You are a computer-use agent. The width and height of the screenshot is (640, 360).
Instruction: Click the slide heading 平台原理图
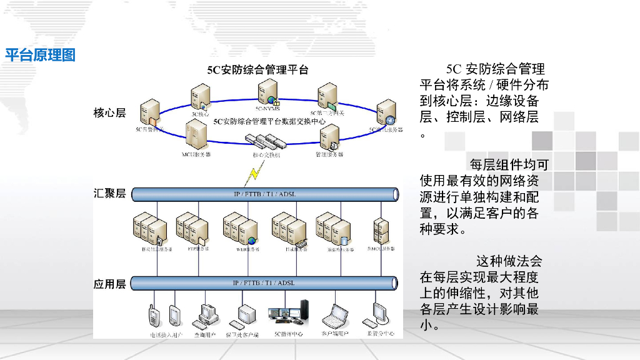[41, 55]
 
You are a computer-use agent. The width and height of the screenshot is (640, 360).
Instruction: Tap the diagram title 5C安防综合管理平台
[257, 70]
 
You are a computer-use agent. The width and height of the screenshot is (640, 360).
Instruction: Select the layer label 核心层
[110, 112]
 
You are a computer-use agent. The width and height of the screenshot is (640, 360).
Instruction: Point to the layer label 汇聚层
[110, 193]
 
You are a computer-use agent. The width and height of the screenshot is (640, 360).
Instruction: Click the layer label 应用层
[110, 284]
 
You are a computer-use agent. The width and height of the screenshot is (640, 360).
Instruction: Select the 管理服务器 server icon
[329, 137]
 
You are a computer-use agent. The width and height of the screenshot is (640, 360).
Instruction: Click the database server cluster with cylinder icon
[332, 229]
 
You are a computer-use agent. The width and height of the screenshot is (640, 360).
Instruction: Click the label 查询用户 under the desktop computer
[204, 334]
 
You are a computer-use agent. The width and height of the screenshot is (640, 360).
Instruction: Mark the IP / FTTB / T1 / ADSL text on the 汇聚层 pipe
[264, 194]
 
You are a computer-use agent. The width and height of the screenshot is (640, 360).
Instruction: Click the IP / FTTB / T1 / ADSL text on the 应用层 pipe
[264, 283]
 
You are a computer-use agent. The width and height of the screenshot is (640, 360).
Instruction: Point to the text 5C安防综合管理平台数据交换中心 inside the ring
[269, 122]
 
